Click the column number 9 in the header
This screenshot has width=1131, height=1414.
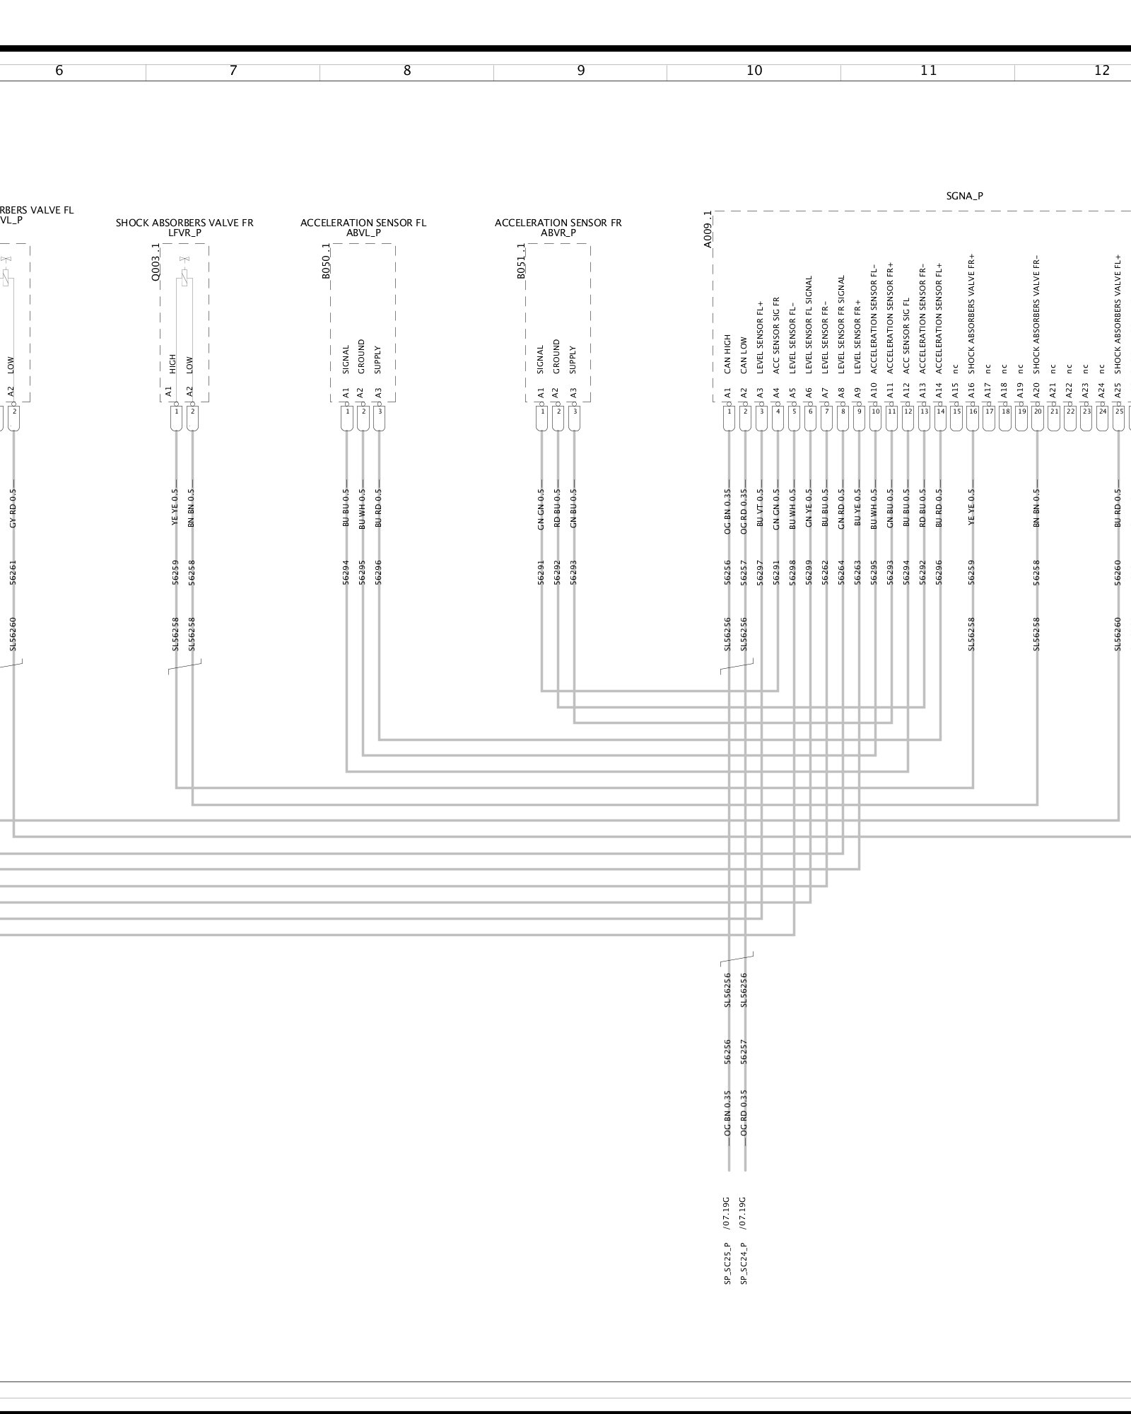[580, 71]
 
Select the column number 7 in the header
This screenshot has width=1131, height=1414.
[233, 71]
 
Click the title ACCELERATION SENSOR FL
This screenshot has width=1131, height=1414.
[363, 223]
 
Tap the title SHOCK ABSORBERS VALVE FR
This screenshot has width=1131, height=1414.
[184, 223]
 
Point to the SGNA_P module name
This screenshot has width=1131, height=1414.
[964, 196]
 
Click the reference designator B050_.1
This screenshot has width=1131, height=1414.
[326, 261]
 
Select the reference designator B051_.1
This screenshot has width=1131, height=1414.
[521, 261]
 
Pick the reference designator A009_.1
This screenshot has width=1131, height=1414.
[708, 228]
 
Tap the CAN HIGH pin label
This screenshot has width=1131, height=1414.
[727, 353]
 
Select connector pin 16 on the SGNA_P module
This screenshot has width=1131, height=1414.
[973, 411]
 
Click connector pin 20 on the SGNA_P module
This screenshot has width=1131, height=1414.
[1038, 411]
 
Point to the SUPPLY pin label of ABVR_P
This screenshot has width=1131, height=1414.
[573, 359]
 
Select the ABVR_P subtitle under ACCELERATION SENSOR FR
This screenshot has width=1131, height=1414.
[558, 233]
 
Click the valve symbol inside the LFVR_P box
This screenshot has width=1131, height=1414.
[184, 272]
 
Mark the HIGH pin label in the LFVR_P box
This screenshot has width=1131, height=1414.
[172, 363]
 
